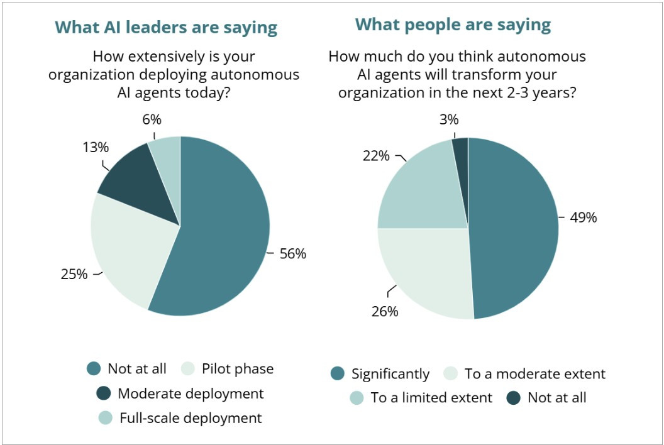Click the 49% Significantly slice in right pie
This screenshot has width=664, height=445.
pos(516,226)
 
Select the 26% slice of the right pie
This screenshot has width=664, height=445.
pos(428,270)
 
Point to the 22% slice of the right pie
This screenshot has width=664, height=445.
pos(418,189)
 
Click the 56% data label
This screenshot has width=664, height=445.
pos(293,254)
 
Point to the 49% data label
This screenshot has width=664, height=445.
pos(583,217)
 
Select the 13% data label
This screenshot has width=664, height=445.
pos(96,148)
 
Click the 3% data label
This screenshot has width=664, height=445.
pos(448,119)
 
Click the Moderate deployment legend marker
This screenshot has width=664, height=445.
pos(104,393)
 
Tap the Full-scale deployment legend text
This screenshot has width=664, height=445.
pos(191,418)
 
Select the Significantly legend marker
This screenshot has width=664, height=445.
pos(338,374)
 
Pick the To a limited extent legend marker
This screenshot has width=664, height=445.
pos(357,397)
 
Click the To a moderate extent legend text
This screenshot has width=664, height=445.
pos(534,374)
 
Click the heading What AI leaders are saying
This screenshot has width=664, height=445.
pos(166,28)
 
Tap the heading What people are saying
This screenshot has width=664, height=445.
pos(453,25)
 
